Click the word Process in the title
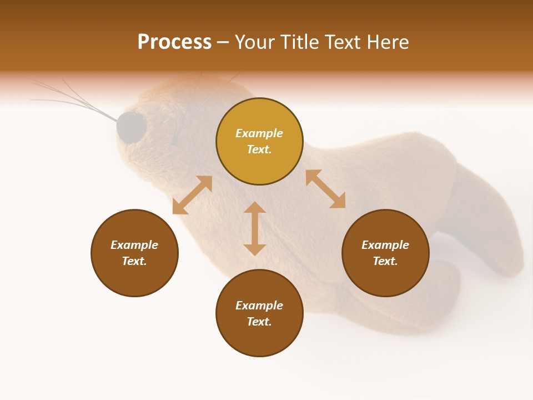(174, 42)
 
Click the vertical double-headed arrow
(255, 228)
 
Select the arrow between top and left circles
(192, 195)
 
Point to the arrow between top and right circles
(325, 189)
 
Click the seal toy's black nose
(131, 127)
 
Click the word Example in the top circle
(259, 133)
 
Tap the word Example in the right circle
(385, 245)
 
